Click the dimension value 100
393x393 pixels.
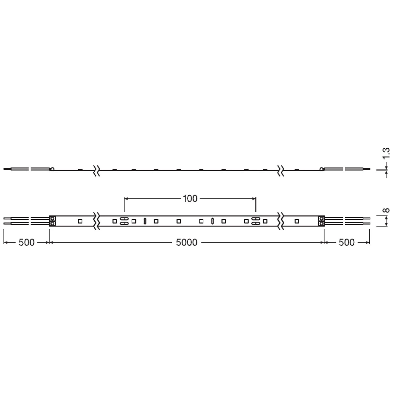[x=190, y=199]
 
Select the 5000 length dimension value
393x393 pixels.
[x=187, y=242]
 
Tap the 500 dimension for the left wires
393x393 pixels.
[x=27, y=242]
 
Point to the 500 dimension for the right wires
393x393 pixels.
[x=346, y=242]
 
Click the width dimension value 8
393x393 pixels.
[x=386, y=210]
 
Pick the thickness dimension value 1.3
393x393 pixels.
[x=386, y=153]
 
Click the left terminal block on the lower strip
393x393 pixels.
[x=52, y=221]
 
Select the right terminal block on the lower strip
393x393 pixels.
[x=322, y=221]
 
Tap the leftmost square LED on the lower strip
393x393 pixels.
[x=80, y=221]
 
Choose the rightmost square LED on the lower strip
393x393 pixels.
[x=297, y=221]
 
